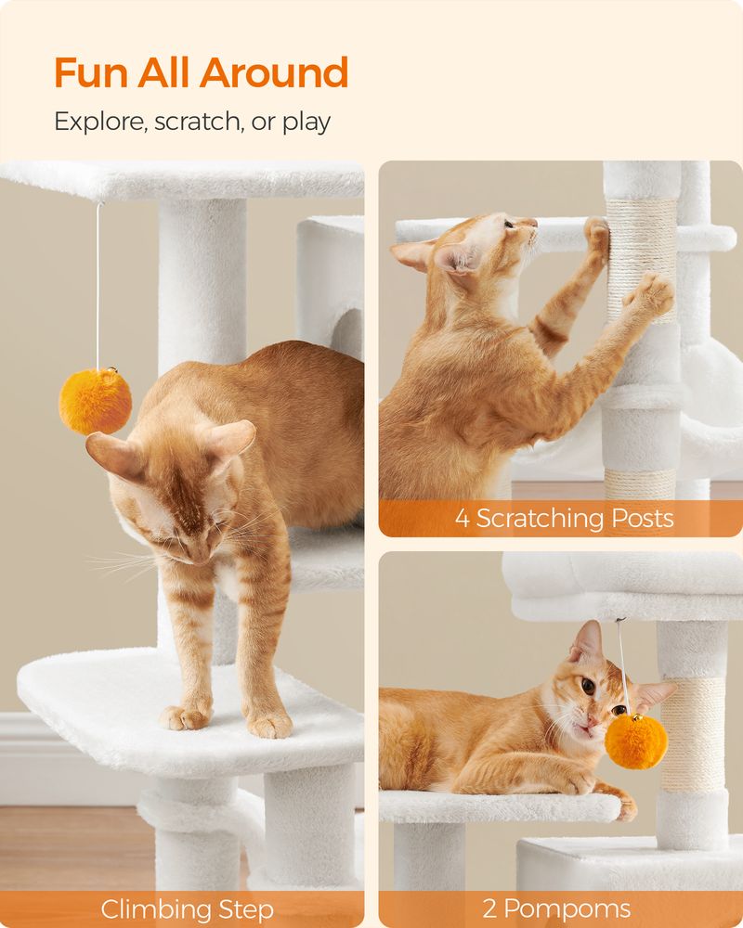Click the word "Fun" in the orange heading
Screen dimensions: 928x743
(x=90, y=73)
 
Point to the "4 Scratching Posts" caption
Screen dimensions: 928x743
(x=564, y=518)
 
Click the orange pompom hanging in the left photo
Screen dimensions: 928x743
(x=95, y=401)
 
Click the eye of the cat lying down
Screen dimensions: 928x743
(x=589, y=686)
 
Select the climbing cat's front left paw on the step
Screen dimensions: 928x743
(x=184, y=716)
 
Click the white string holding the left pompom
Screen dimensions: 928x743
(x=98, y=288)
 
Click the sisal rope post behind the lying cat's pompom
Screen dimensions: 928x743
(x=692, y=733)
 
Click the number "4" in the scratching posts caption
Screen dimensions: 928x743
(x=463, y=518)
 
